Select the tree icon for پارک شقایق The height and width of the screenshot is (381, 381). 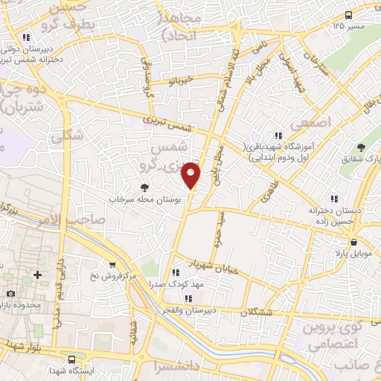pos(361,147)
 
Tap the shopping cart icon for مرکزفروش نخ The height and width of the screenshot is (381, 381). pos(112,264)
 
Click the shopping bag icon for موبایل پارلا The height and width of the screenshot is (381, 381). pos(353,242)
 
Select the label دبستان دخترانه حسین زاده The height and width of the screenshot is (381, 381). pos(336,216)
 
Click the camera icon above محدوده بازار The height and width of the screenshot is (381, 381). pos(11,295)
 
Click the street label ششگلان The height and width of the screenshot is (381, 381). pos(278,312)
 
